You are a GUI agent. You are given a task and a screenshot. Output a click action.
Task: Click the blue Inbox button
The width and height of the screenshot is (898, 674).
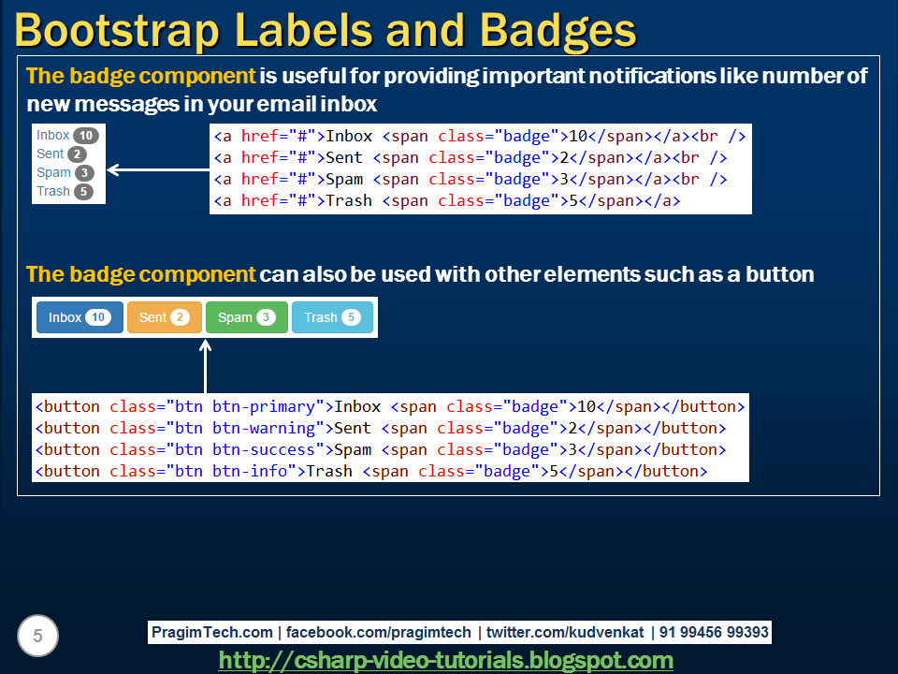click(x=79, y=317)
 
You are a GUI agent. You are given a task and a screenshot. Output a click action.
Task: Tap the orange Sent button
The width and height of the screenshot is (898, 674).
click(x=164, y=317)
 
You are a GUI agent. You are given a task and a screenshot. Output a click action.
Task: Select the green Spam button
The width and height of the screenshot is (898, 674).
click(x=246, y=317)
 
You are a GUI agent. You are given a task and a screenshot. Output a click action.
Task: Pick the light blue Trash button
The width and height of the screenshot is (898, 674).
click(x=332, y=317)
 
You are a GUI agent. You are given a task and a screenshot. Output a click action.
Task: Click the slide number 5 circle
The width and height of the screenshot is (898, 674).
click(x=37, y=637)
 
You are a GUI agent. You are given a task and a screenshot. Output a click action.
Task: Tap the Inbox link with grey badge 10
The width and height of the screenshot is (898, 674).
click(x=53, y=135)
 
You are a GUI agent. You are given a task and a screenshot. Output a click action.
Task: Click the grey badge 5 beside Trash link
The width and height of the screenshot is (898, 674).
click(x=84, y=192)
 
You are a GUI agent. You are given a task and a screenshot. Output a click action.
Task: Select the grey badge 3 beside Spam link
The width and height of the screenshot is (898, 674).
click(x=84, y=173)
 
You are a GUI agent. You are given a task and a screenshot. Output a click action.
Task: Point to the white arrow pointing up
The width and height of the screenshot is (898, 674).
click(x=206, y=365)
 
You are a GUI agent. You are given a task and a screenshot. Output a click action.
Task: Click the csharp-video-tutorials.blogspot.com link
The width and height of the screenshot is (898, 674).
click(x=446, y=661)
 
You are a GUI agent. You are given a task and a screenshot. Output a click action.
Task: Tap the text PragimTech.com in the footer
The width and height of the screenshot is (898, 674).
click(x=212, y=632)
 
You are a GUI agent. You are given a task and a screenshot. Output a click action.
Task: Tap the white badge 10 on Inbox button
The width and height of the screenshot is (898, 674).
click(x=98, y=317)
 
